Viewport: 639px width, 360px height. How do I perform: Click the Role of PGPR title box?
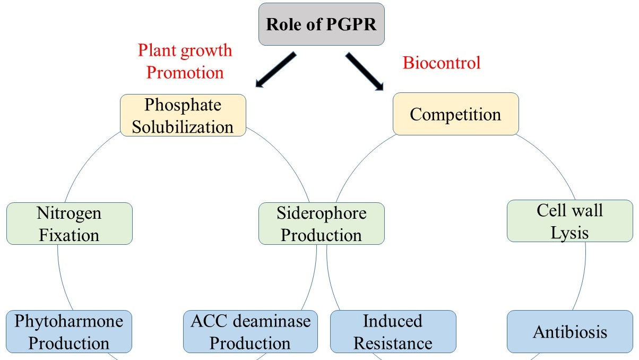321,24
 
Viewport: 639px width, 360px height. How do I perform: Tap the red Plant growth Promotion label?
185,61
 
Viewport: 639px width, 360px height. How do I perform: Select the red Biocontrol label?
442,63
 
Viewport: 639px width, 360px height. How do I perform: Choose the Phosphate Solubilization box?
183,116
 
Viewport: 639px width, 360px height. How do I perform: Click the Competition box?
455,114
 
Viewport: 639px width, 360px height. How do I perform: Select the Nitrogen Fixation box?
69,224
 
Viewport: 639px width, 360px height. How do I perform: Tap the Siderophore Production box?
321,224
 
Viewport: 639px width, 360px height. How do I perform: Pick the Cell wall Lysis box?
569,221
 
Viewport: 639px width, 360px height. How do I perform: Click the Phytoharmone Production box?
69,331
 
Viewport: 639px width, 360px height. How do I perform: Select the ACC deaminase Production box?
250,331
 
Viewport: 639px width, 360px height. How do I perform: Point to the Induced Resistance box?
393,331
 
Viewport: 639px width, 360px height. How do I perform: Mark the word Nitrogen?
69,214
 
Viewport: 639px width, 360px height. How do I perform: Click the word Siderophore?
321,214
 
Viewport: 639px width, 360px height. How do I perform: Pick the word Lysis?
569,232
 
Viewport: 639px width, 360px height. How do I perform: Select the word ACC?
208,321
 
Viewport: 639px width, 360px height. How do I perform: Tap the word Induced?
393,321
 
